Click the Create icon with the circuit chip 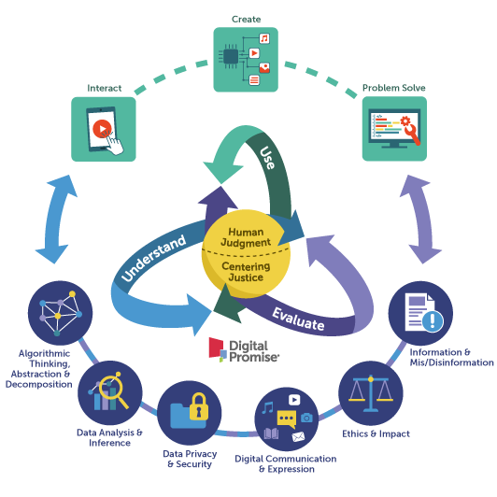[x=246, y=59]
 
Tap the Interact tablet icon [x=104, y=129]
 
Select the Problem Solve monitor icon [x=394, y=129]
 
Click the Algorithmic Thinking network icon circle [x=60, y=314]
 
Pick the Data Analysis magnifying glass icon [x=110, y=392]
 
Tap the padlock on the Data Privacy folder [x=198, y=405]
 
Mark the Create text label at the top [x=245, y=18]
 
